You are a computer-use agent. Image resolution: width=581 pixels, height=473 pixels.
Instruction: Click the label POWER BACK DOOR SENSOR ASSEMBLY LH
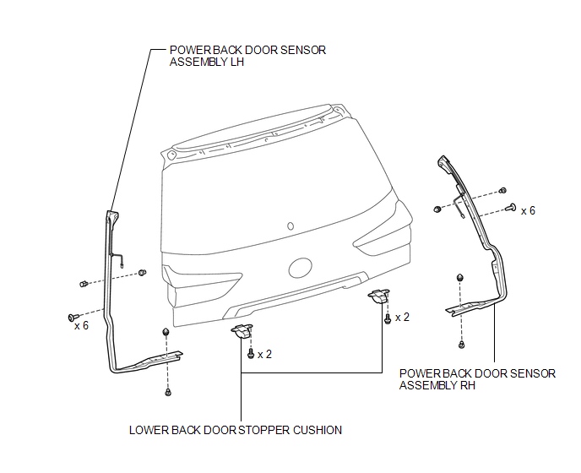pos(247,56)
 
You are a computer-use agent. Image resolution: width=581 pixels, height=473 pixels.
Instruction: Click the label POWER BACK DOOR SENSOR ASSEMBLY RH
pos(477,379)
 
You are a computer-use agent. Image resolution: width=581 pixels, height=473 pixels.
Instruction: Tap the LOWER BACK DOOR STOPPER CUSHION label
pos(236,430)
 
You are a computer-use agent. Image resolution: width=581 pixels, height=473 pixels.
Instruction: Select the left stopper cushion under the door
pos(242,330)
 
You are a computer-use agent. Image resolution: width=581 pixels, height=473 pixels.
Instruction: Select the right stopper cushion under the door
pos(378,296)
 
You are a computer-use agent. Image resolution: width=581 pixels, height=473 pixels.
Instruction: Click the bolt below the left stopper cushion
pos(251,354)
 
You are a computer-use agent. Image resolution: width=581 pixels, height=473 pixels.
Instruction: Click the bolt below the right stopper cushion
pos(388,318)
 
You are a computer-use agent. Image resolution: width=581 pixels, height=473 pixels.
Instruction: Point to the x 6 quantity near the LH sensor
pos(82,325)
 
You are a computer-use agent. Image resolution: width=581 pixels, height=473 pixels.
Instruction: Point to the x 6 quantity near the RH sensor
pos(528,210)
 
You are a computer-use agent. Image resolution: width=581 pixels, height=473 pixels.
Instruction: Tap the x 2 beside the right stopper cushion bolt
pos(403,318)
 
